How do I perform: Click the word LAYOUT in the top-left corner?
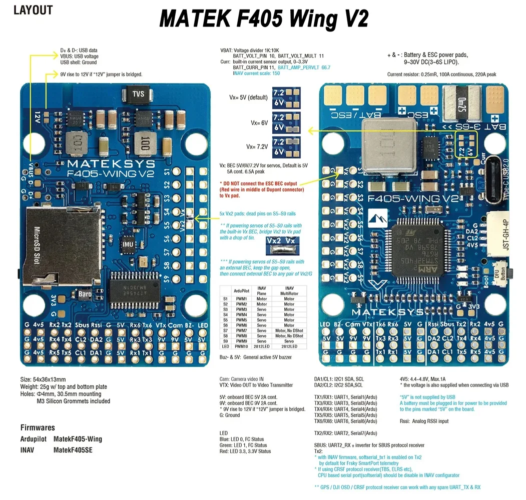(33, 10)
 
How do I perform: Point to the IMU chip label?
(128, 244)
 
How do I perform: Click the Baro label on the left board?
(84, 294)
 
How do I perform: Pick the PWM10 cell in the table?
(242, 346)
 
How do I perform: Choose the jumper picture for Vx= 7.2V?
(286, 146)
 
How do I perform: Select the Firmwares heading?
(38, 427)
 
